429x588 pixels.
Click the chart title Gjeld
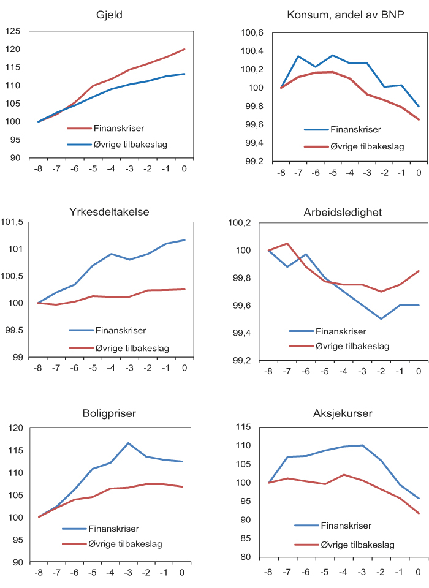pyautogui.click(x=110, y=15)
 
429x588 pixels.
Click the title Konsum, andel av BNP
pyautogui.click(x=346, y=15)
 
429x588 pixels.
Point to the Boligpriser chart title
pyautogui.click(x=110, y=413)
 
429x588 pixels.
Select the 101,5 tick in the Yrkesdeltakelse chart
pyautogui.click(x=12, y=222)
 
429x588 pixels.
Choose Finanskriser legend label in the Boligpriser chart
pyautogui.click(x=113, y=529)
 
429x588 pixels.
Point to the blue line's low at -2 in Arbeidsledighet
pyautogui.click(x=381, y=318)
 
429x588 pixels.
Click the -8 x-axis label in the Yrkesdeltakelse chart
pyautogui.click(x=38, y=369)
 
